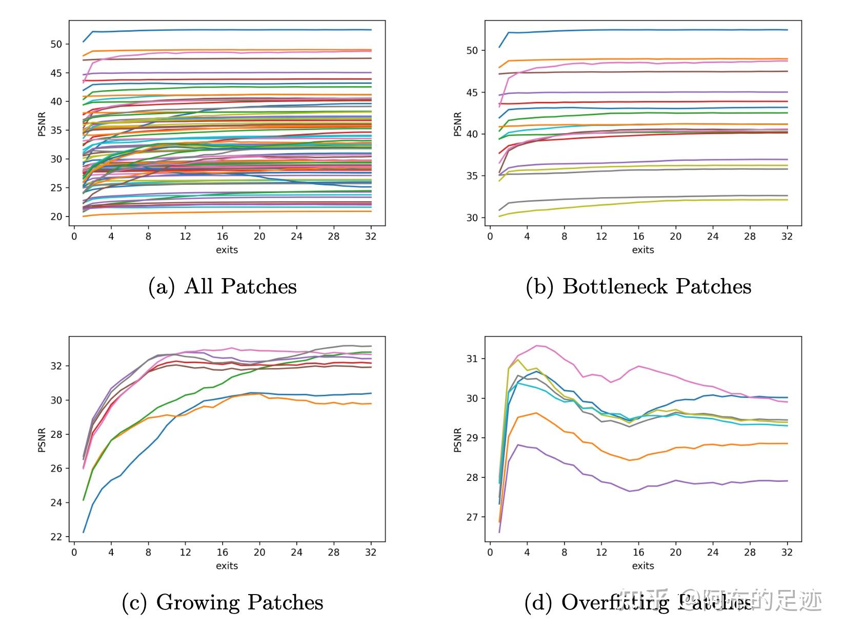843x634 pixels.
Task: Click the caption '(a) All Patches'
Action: point(222,286)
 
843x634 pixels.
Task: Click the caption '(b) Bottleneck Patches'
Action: point(638,286)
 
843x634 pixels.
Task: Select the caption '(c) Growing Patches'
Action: point(222,602)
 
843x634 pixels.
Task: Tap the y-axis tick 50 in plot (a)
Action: point(56,44)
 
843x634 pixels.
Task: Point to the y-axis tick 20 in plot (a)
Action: point(56,217)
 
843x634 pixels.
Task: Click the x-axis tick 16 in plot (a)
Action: point(222,236)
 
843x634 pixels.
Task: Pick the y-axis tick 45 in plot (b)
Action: point(472,93)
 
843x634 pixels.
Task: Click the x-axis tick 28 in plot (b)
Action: point(750,236)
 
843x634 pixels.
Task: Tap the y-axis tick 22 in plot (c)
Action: point(56,537)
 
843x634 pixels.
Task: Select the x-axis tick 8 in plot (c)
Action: point(148,552)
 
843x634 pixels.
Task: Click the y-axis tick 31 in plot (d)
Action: point(472,358)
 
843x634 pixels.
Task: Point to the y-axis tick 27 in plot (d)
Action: point(472,517)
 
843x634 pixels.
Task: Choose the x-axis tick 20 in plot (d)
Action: point(675,552)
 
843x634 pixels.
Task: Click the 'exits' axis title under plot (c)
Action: point(227,565)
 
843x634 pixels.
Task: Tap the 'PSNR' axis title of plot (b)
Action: point(458,124)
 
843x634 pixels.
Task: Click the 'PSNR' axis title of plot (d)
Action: point(458,440)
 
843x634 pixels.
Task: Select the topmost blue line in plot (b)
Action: point(641,30)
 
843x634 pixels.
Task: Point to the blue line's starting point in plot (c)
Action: point(84,532)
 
